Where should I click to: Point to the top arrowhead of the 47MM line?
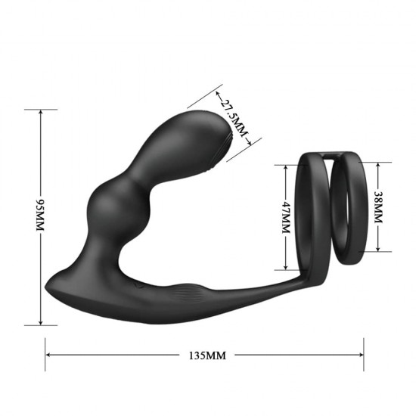pyautogui.click(x=285, y=166)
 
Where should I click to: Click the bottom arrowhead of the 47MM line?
pyautogui.click(x=285, y=268)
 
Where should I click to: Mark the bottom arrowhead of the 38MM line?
pyautogui.click(x=380, y=250)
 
